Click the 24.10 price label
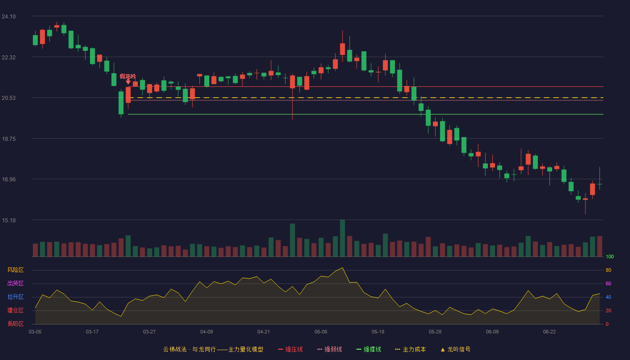coord(9,17)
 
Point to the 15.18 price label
coord(9,220)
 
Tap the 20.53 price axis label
coord(9,98)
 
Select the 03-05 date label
coord(35,332)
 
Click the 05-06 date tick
coord(321,332)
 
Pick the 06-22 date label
coord(549,332)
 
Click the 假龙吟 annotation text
coord(128,76)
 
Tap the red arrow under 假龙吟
coord(128,82)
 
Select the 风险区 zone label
coord(15,270)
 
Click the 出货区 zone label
coord(15,283)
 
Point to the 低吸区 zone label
coord(15,324)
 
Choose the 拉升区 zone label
coord(15,297)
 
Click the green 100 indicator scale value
coord(610,256)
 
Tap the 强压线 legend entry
coord(290,349)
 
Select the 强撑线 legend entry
coord(369,349)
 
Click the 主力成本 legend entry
coord(410,349)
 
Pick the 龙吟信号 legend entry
coord(455,349)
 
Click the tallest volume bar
coord(342,238)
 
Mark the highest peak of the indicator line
coord(342,268)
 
